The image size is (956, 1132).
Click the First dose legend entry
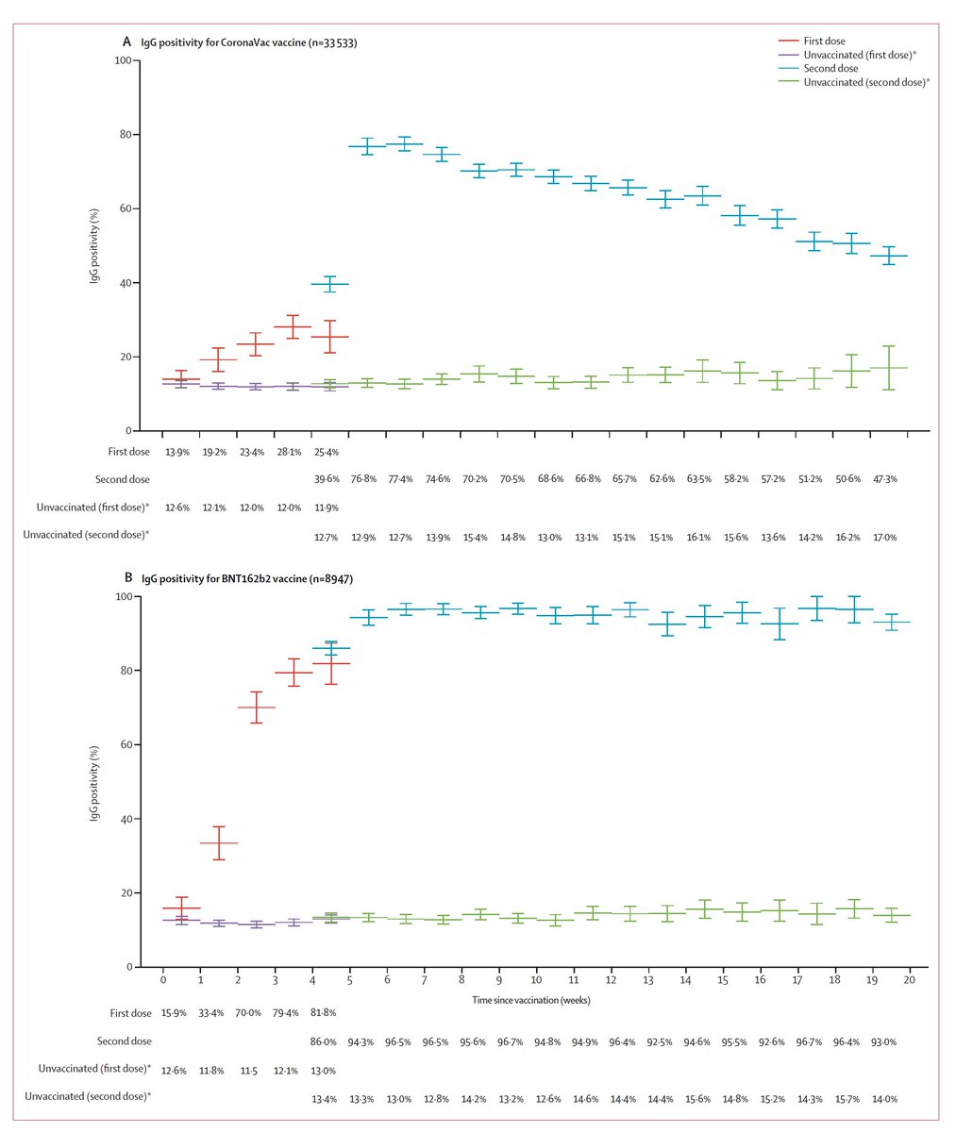825,42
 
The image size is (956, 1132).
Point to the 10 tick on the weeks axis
536,982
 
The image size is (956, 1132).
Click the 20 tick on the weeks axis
910,982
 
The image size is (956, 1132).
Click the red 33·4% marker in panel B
218,843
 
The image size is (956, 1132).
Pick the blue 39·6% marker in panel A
330,284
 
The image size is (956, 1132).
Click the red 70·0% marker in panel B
256,707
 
